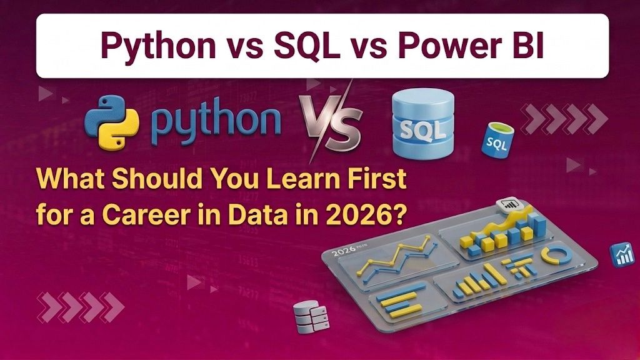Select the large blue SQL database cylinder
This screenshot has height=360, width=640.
click(423, 123)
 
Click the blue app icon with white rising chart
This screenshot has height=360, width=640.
click(622, 255)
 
